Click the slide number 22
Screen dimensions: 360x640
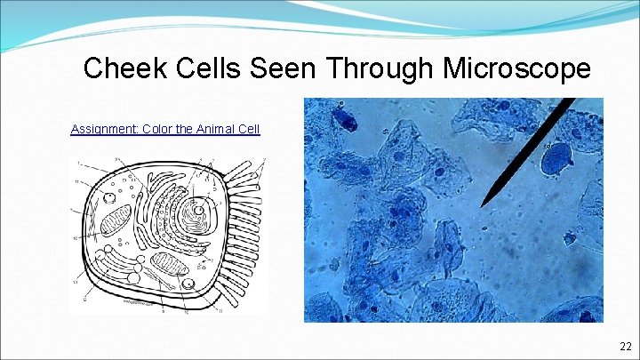point(625,346)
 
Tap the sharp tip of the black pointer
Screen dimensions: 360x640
point(481,206)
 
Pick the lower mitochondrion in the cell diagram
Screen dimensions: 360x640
point(168,264)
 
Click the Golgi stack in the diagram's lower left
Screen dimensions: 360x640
point(116,267)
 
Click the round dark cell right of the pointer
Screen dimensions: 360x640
point(556,160)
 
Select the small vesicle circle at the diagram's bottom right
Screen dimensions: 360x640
point(188,284)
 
